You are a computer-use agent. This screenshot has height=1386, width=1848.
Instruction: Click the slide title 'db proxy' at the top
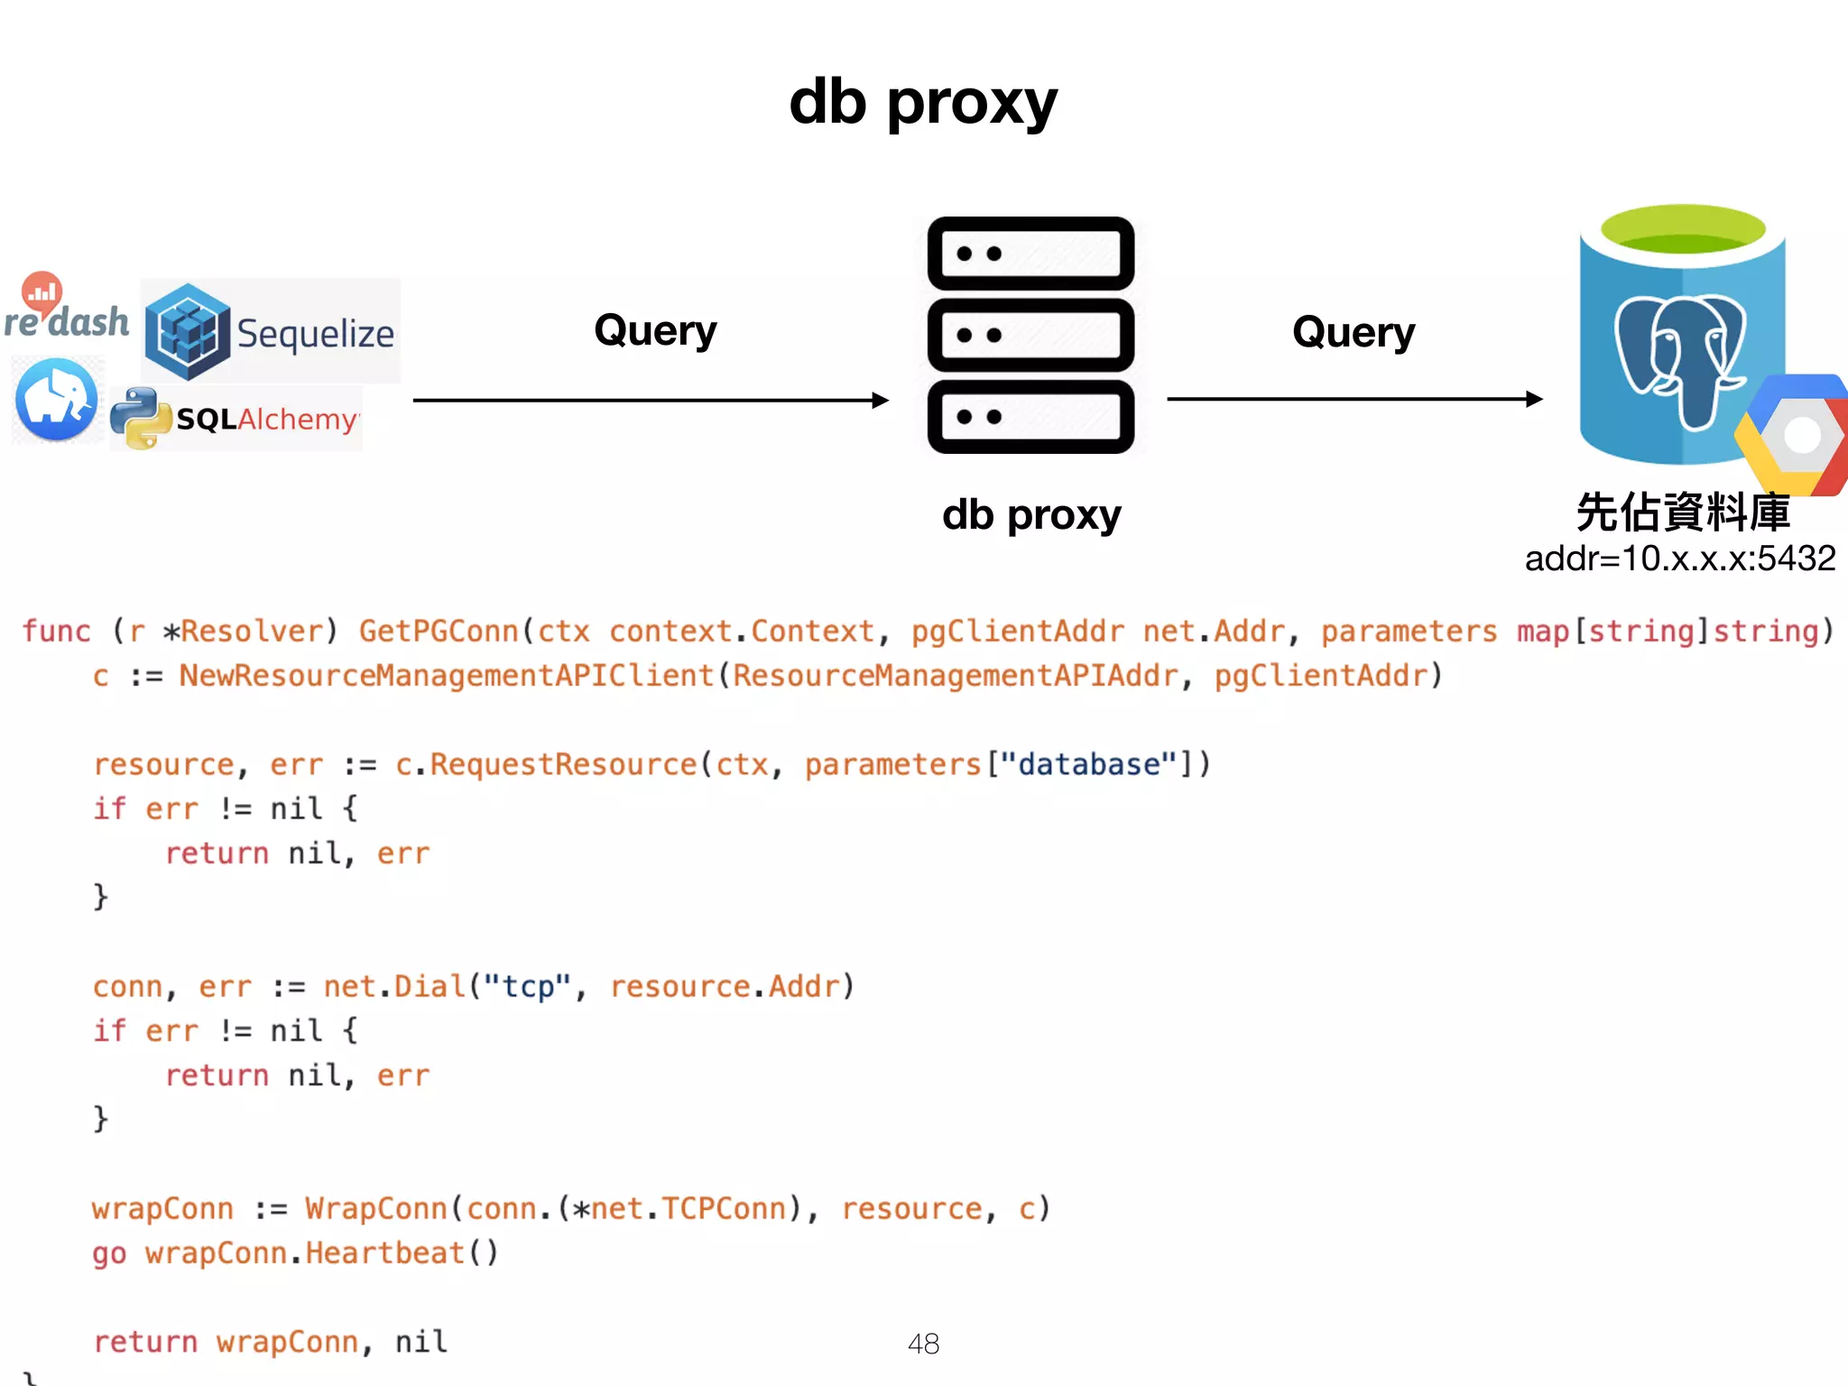[x=922, y=102]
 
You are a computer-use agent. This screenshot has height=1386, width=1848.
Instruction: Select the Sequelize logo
[x=271, y=332]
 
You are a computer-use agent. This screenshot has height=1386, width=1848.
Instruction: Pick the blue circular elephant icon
[x=57, y=400]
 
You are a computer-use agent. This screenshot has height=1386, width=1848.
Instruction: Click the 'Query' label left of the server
[x=655, y=330]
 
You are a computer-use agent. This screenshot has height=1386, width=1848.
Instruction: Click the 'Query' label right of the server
[x=1353, y=332]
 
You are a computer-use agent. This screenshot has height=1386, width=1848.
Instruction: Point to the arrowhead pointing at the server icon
[x=881, y=400]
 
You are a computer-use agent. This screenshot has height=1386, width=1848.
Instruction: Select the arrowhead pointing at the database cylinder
[x=1534, y=399]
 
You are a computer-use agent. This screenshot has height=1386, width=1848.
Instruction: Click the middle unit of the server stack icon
[x=1030, y=335]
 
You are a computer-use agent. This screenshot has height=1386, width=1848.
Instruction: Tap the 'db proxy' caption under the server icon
[x=1030, y=515]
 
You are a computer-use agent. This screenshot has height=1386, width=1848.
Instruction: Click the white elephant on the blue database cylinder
[x=1678, y=356]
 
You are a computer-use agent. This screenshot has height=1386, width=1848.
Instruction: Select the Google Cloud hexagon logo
[x=1796, y=435]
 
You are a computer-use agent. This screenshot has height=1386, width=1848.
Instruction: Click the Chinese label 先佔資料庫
[x=1683, y=512]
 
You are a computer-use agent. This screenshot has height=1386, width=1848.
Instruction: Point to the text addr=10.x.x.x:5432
[x=1679, y=559]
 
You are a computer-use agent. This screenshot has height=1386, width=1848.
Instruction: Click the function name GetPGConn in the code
[x=439, y=631]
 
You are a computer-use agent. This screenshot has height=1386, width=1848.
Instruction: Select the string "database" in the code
[x=1089, y=764]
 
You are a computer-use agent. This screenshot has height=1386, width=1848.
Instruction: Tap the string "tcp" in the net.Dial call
[x=527, y=986]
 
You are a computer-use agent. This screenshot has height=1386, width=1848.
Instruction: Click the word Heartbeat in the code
[x=384, y=1252]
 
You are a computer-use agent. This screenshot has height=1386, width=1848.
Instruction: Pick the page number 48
[x=923, y=1344]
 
